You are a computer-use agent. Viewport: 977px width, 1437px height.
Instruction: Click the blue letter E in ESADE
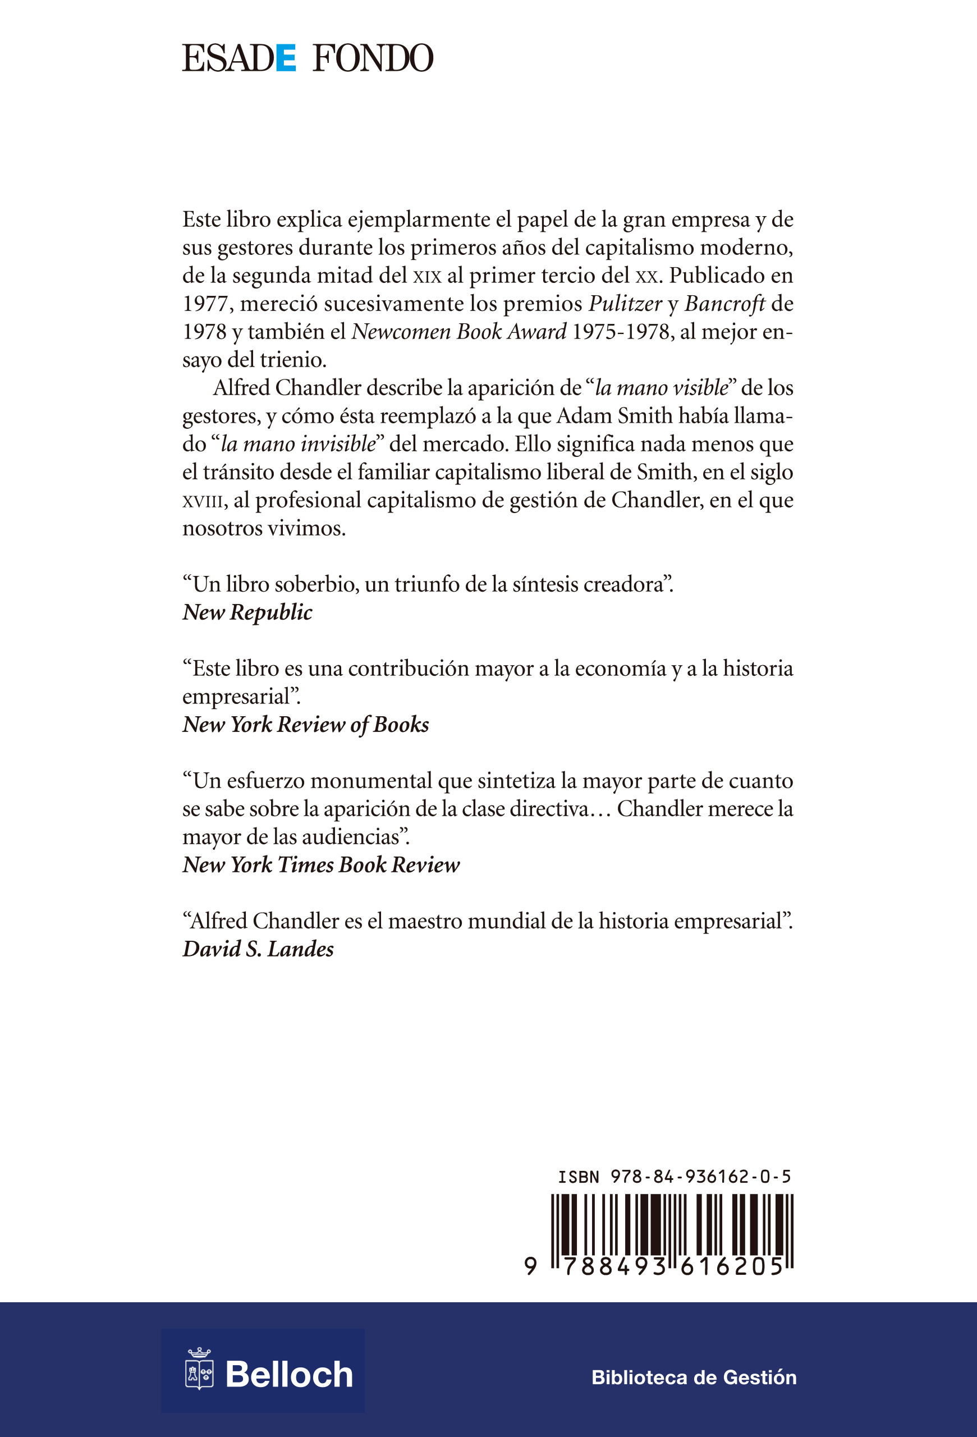[286, 59]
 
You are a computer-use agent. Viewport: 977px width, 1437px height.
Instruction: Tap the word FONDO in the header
[373, 59]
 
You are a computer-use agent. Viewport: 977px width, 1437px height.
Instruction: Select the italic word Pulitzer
[625, 304]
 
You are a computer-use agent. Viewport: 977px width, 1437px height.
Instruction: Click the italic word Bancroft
[724, 304]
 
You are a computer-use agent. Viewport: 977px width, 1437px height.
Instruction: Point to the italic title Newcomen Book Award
[458, 332]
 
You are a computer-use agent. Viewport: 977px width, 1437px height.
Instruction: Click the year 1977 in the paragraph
[208, 304]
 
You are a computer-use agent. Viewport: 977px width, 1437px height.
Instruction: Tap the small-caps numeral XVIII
[202, 501]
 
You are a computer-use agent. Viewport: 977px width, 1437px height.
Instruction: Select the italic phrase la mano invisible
[298, 444]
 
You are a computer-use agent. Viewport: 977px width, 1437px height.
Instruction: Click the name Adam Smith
[614, 415]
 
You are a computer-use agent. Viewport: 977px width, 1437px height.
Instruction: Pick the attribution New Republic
[247, 612]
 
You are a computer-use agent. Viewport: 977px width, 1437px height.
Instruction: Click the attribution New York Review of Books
[306, 725]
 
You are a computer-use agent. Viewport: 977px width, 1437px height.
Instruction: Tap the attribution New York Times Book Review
[322, 865]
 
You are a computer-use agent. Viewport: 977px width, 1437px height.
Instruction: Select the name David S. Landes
[258, 949]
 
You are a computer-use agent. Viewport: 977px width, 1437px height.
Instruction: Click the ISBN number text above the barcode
[674, 1177]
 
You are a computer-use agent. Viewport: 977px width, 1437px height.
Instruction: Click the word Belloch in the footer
[288, 1375]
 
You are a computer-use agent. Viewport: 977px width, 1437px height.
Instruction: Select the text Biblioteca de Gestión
[694, 1377]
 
